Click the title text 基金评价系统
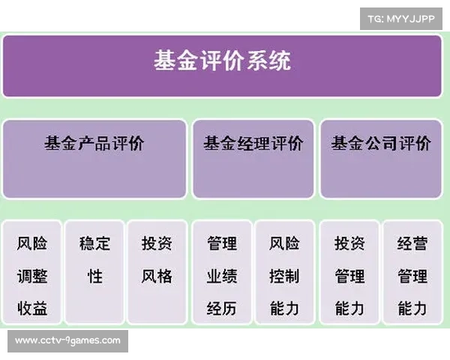(x=222, y=61)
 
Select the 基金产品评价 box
(x=94, y=158)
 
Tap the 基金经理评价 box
(x=253, y=158)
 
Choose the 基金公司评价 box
(x=381, y=158)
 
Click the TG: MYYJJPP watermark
(x=402, y=18)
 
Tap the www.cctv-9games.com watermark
(x=67, y=340)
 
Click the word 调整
(x=32, y=276)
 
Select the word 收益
(x=32, y=308)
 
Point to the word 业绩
(x=222, y=276)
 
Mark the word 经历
(x=222, y=308)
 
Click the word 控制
(x=284, y=276)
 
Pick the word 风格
(x=157, y=276)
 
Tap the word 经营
(x=412, y=244)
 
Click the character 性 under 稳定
(x=94, y=276)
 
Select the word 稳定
(x=94, y=244)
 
